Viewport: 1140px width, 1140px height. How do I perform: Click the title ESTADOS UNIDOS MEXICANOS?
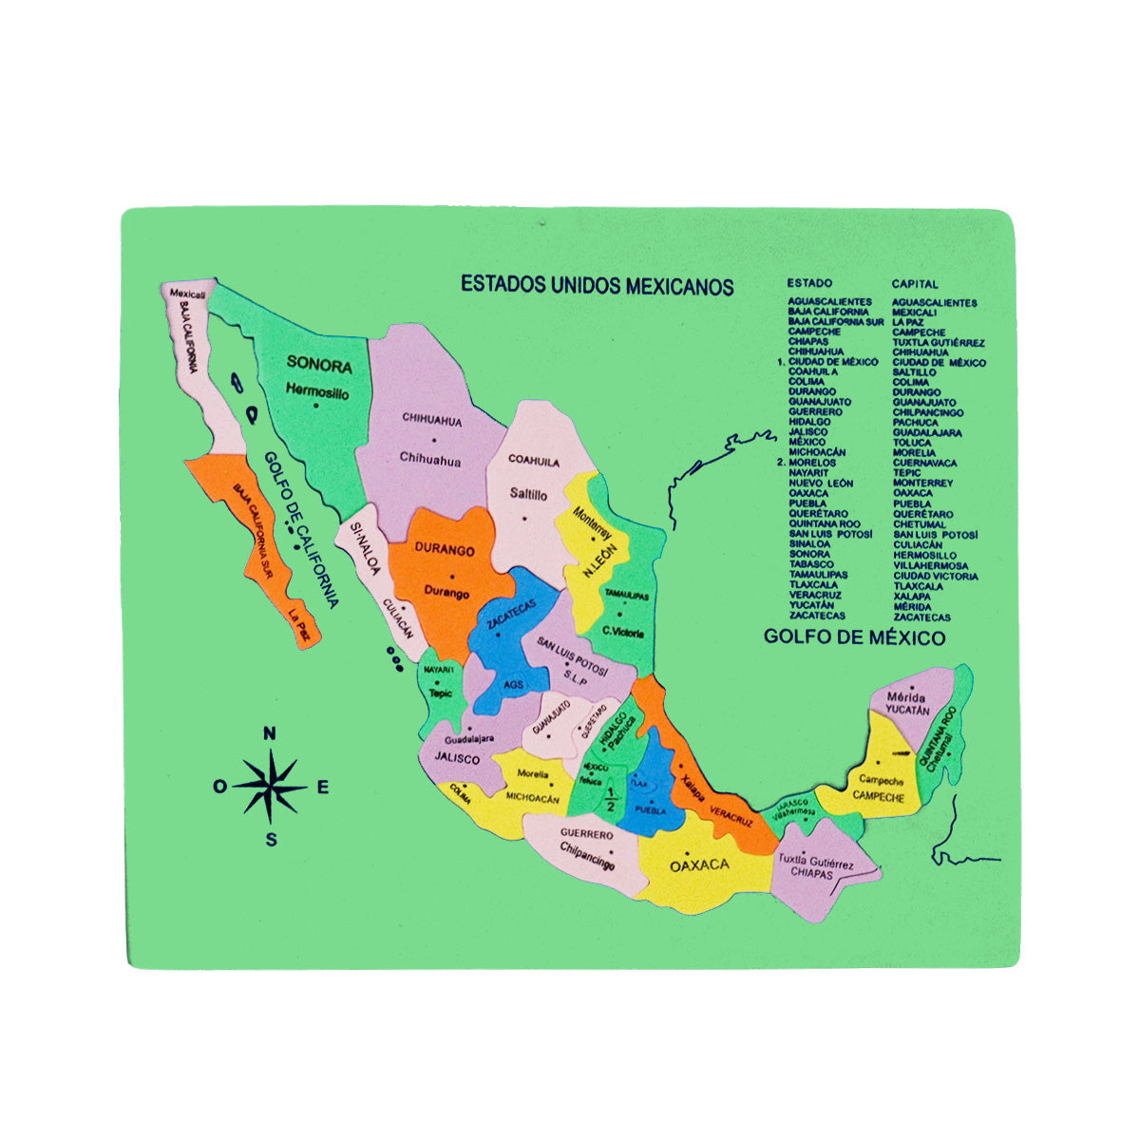[x=597, y=285]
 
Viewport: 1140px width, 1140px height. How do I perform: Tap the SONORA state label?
[x=319, y=365]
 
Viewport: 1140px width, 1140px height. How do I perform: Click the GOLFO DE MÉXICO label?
[x=854, y=637]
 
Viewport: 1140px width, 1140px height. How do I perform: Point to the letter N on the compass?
[x=270, y=732]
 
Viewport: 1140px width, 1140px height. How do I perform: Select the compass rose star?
[x=271, y=786]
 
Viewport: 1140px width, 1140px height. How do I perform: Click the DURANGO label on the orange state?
[x=444, y=550]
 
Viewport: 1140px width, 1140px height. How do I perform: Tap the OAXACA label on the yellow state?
[x=699, y=864]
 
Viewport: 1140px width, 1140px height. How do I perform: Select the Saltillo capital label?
[x=528, y=494]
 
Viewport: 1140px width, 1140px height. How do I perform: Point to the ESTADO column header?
[x=809, y=283]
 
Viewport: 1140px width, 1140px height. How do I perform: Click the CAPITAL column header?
[x=915, y=283]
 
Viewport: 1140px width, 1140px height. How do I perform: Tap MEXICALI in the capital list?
[x=914, y=312]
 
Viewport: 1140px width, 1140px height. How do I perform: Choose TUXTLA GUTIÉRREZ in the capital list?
[x=938, y=342]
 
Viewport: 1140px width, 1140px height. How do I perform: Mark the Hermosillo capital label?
[x=317, y=391]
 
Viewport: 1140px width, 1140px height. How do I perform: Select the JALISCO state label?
[x=457, y=758]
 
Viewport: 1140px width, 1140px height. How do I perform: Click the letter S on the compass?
[x=271, y=840]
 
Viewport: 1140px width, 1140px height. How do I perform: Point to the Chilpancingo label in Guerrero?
[x=587, y=855]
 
